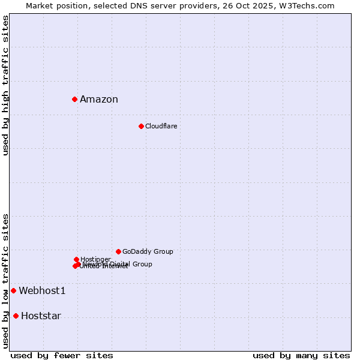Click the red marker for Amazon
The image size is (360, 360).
(x=74, y=99)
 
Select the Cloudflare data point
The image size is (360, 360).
(x=141, y=126)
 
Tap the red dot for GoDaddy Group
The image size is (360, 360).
(x=118, y=251)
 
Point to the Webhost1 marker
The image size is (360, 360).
(x=13, y=291)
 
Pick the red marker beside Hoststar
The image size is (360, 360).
(x=16, y=316)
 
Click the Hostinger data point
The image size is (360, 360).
(x=76, y=259)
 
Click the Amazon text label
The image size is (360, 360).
(x=99, y=100)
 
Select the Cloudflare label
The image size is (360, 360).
(x=161, y=126)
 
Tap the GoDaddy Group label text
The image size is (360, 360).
(x=148, y=251)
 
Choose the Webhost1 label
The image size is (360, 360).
(x=42, y=291)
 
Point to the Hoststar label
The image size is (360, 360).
(x=41, y=316)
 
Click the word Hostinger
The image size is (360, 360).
(x=95, y=259)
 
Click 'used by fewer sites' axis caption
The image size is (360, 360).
(x=62, y=356)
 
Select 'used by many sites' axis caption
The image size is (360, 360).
(x=301, y=356)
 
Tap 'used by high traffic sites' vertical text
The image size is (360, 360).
(x=6, y=86)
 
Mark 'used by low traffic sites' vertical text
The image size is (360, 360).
(x=6, y=281)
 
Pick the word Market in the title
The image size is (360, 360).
(x=39, y=5)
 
